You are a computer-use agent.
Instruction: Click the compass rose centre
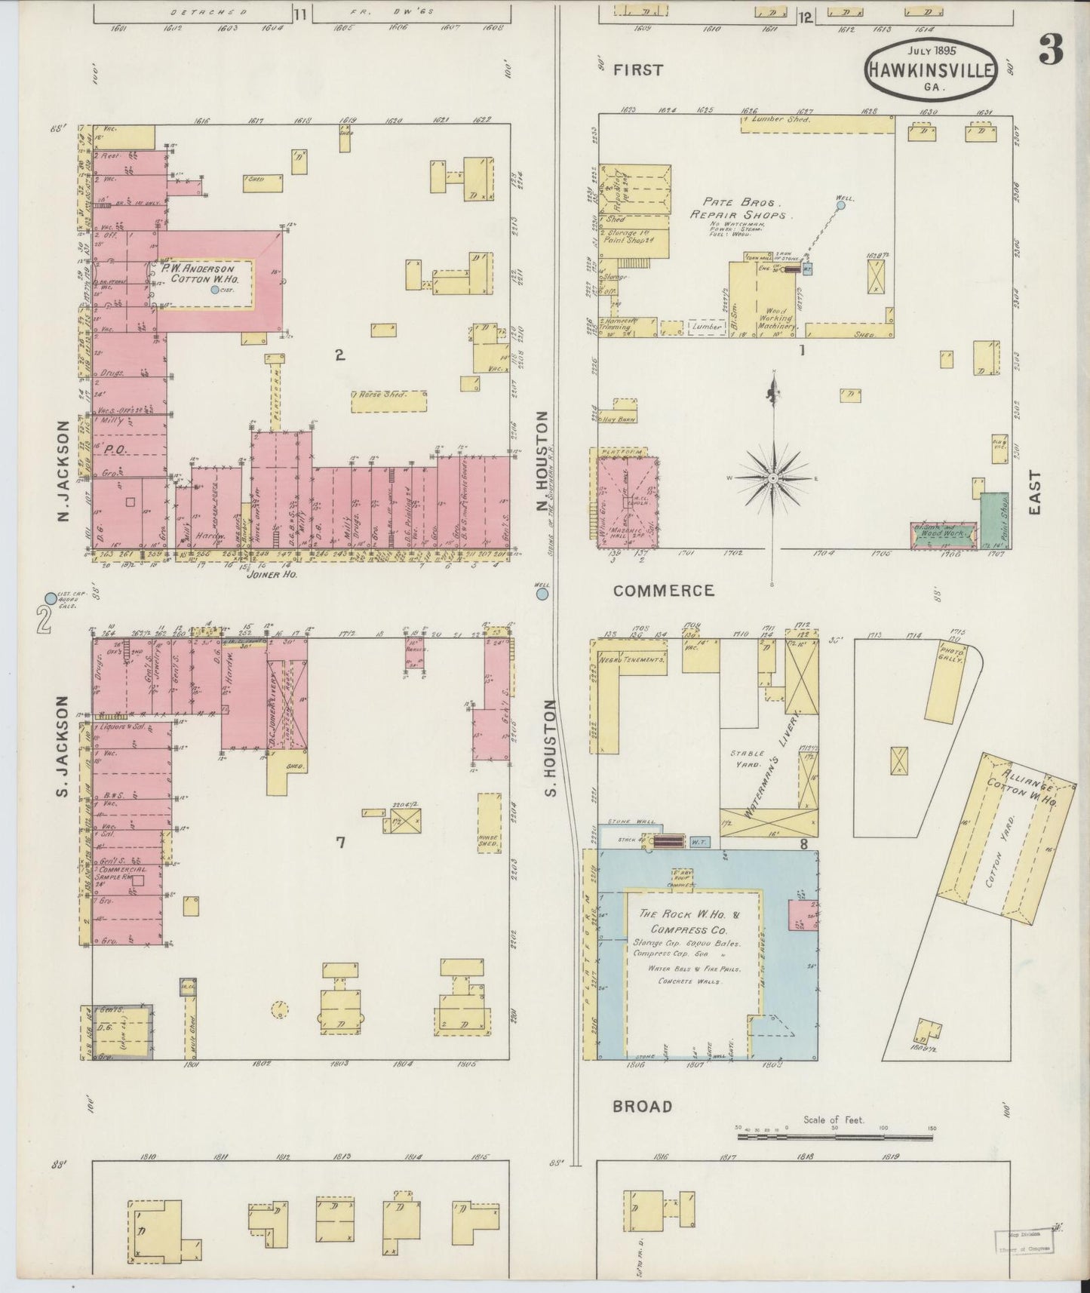[774, 478]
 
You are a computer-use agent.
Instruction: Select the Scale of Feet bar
[834, 1135]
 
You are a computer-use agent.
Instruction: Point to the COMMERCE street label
[663, 591]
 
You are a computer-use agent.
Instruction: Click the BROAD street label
[642, 1107]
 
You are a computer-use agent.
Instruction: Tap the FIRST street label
[638, 70]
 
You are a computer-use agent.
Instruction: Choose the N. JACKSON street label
[63, 471]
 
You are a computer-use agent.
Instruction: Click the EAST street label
[1034, 493]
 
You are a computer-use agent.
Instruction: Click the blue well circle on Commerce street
[542, 594]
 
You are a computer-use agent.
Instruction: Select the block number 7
[340, 843]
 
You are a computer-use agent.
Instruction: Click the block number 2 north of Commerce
[340, 355]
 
